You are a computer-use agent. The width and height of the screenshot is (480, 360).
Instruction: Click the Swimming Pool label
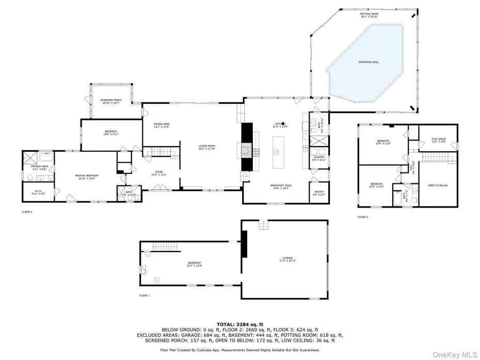[369, 62]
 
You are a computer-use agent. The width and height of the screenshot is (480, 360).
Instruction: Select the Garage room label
[287, 259]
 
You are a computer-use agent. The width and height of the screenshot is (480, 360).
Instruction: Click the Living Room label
[207, 147]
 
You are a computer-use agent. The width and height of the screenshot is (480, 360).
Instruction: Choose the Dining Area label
[162, 125]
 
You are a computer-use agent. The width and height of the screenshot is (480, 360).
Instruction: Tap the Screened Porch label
[111, 101]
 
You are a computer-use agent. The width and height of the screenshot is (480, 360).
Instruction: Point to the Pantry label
[319, 193]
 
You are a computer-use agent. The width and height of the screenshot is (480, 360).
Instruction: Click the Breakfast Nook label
[281, 186]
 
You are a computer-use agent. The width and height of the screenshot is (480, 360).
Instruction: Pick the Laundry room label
[319, 158]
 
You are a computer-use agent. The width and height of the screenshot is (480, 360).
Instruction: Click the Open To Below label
[438, 185]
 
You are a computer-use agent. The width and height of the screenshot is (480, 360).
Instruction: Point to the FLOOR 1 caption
[144, 295]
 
